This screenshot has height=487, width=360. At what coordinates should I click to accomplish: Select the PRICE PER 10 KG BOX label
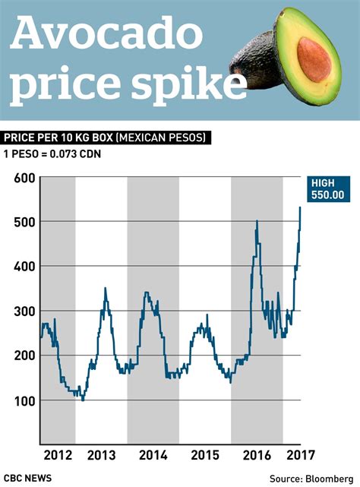pos(106,138)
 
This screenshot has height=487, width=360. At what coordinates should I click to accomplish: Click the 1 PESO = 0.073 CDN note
pos(53,155)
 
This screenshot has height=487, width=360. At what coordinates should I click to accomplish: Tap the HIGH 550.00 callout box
pos(328,188)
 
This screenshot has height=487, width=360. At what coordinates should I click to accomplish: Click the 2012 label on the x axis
pos(58,456)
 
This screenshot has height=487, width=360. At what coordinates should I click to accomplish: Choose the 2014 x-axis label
pos(153,456)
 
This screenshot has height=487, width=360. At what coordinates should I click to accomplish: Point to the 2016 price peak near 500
pos(257,222)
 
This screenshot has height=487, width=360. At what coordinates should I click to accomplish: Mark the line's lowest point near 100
pos(83,399)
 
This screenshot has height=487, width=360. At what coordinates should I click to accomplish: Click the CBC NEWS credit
pos(28,477)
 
